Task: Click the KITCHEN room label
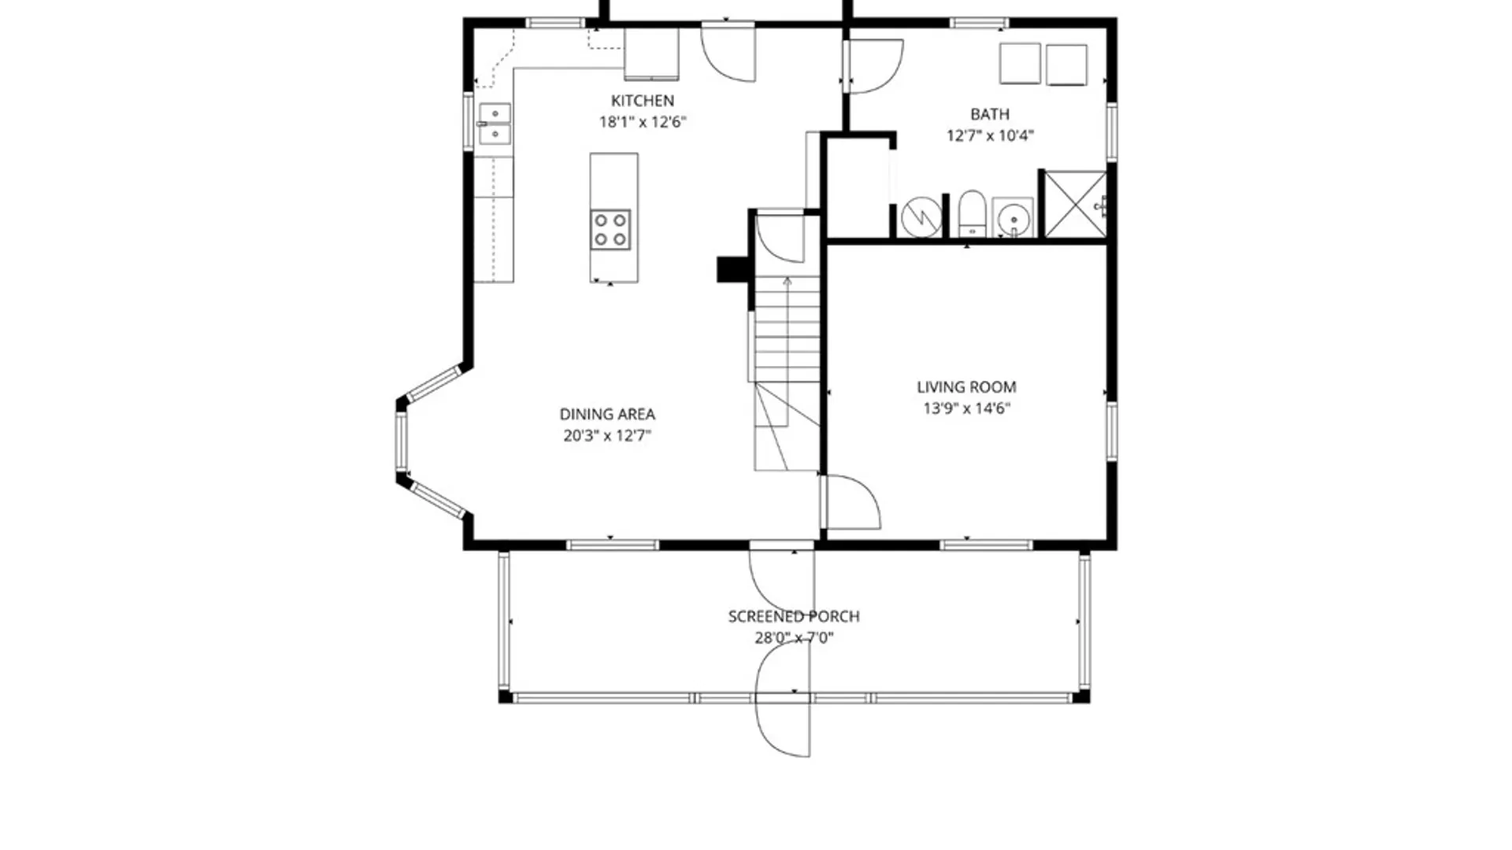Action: click(x=643, y=101)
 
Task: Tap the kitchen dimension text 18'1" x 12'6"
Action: click(x=643, y=122)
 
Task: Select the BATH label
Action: click(x=990, y=114)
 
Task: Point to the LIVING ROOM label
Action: click(x=966, y=387)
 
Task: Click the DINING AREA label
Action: click(x=607, y=414)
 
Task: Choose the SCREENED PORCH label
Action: click(x=794, y=616)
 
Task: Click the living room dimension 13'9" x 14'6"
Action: click(x=966, y=408)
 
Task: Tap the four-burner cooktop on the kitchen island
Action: click(x=610, y=230)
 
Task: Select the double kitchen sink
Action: click(x=495, y=124)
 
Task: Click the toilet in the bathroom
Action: click(x=972, y=213)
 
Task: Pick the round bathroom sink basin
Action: click(x=1014, y=218)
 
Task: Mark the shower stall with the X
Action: click(x=1075, y=204)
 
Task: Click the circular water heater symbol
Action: click(x=921, y=216)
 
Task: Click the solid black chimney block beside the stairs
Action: click(x=732, y=269)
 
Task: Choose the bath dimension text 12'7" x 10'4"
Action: click(x=990, y=135)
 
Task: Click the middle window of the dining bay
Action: click(x=401, y=442)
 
